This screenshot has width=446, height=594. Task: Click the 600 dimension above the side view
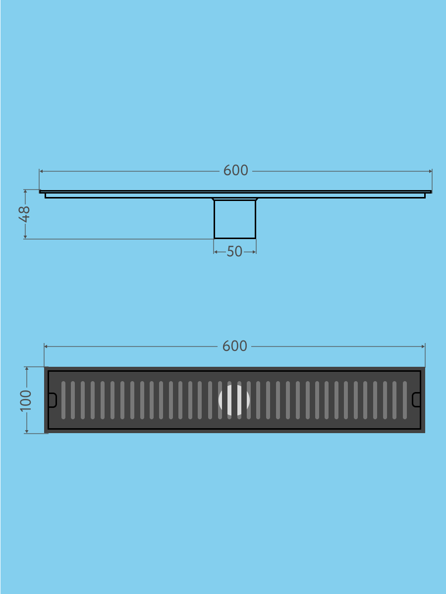tap(235, 170)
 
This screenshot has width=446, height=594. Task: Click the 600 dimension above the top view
tap(235, 346)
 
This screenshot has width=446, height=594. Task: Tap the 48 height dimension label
tap(24, 214)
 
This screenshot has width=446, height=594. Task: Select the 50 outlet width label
tap(234, 251)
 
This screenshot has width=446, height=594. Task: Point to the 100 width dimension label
tap(26, 400)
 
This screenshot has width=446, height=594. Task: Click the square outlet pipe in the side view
tap(235, 219)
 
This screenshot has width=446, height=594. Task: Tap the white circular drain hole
tap(234, 400)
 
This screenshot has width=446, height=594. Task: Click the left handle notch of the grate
tap(53, 400)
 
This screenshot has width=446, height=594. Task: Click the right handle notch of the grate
tap(416, 399)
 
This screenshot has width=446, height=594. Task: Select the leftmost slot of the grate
tap(63, 400)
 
